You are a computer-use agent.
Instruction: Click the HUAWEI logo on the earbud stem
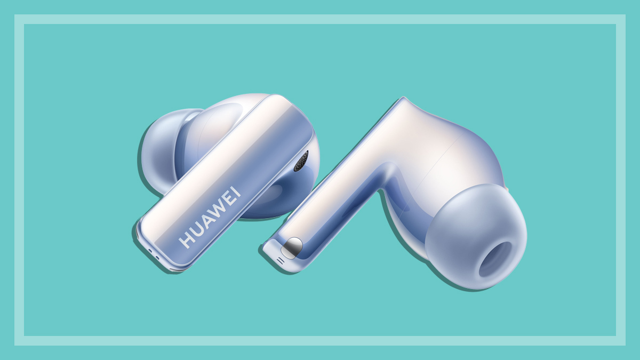point(210,217)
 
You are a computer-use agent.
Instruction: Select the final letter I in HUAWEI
point(236,191)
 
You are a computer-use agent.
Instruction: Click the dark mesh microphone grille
point(301,161)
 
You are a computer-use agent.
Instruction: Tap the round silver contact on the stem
point(292,246)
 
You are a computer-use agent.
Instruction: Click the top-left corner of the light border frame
point(19,19)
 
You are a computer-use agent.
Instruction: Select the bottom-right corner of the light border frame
point(621,341)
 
